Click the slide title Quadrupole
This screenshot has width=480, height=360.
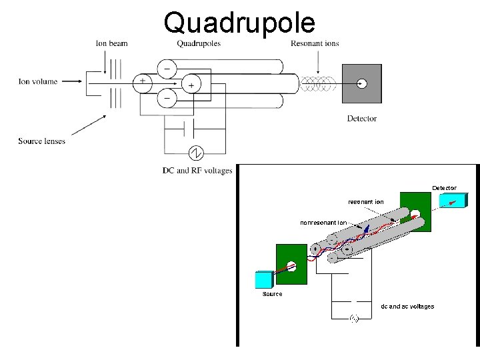click(239, 22)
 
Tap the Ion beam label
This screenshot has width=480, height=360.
click(111, 44)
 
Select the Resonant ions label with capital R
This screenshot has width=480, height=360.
click(315, 44)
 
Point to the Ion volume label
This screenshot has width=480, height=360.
click(38, 82)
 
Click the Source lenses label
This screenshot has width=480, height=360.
click(42, 141)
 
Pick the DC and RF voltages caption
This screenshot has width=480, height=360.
click(197, 171)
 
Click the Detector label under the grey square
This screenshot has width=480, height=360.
click(362, 119)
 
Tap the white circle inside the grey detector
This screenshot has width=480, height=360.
click(361, 83)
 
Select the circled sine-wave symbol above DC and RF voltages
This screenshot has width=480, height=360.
click(196, 153)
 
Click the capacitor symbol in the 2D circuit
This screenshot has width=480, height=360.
click(179, 127)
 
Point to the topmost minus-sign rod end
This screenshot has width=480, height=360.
click(167, 68)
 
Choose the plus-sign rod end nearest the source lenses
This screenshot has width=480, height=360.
click(142, 83)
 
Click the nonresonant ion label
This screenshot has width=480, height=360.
click(323, 223)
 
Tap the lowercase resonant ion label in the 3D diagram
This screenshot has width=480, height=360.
click(366, 201)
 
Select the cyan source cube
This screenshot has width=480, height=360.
click(264, 279)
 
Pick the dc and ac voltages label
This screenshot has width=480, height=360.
click(407, 307)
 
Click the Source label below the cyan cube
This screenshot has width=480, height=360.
click(272, 294)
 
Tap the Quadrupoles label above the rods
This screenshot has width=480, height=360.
click(199, 44)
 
